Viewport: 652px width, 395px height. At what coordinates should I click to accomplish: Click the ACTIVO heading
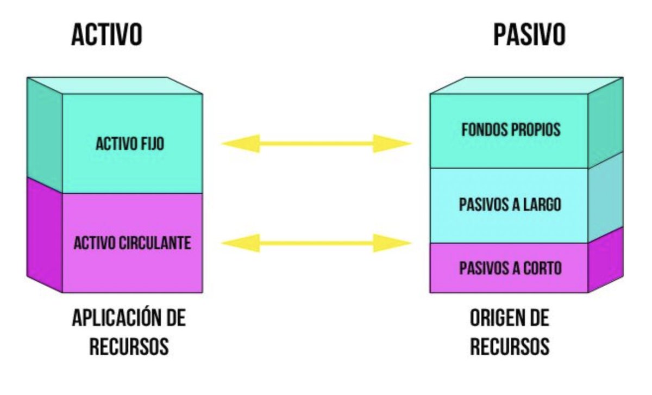pos(106,35)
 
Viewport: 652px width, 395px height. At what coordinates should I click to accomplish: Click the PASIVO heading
pos(529,35)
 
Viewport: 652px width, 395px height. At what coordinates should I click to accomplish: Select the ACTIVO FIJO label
pos(130,144)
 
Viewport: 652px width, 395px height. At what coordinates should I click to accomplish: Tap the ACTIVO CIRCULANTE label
pos(133,243)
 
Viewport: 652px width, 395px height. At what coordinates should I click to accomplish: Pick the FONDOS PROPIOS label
pos(510,131)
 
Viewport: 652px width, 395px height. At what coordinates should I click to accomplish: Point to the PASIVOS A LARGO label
pos(510,205)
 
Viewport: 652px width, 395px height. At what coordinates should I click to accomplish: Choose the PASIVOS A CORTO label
pos(510,268)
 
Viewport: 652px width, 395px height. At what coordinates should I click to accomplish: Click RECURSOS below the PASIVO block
pos(509,347)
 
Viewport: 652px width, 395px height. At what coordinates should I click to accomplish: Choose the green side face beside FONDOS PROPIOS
pos(605,125)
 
